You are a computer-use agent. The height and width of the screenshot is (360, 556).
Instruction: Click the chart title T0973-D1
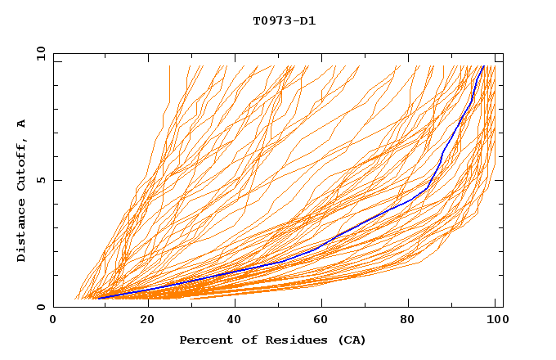(284, 21)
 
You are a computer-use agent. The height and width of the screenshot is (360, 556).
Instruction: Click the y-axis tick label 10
(41, 52)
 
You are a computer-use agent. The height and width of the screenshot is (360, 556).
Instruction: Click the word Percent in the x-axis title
(203, 340)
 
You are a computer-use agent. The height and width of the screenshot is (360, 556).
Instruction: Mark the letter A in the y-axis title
(21, 124)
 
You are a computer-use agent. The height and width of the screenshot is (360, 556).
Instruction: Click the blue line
(360, 223)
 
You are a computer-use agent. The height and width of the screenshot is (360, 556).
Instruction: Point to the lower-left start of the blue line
(98, 298)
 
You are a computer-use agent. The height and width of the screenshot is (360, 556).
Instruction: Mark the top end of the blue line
(483, 66)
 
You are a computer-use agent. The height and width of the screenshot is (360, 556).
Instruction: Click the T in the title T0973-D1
(256, 21)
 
